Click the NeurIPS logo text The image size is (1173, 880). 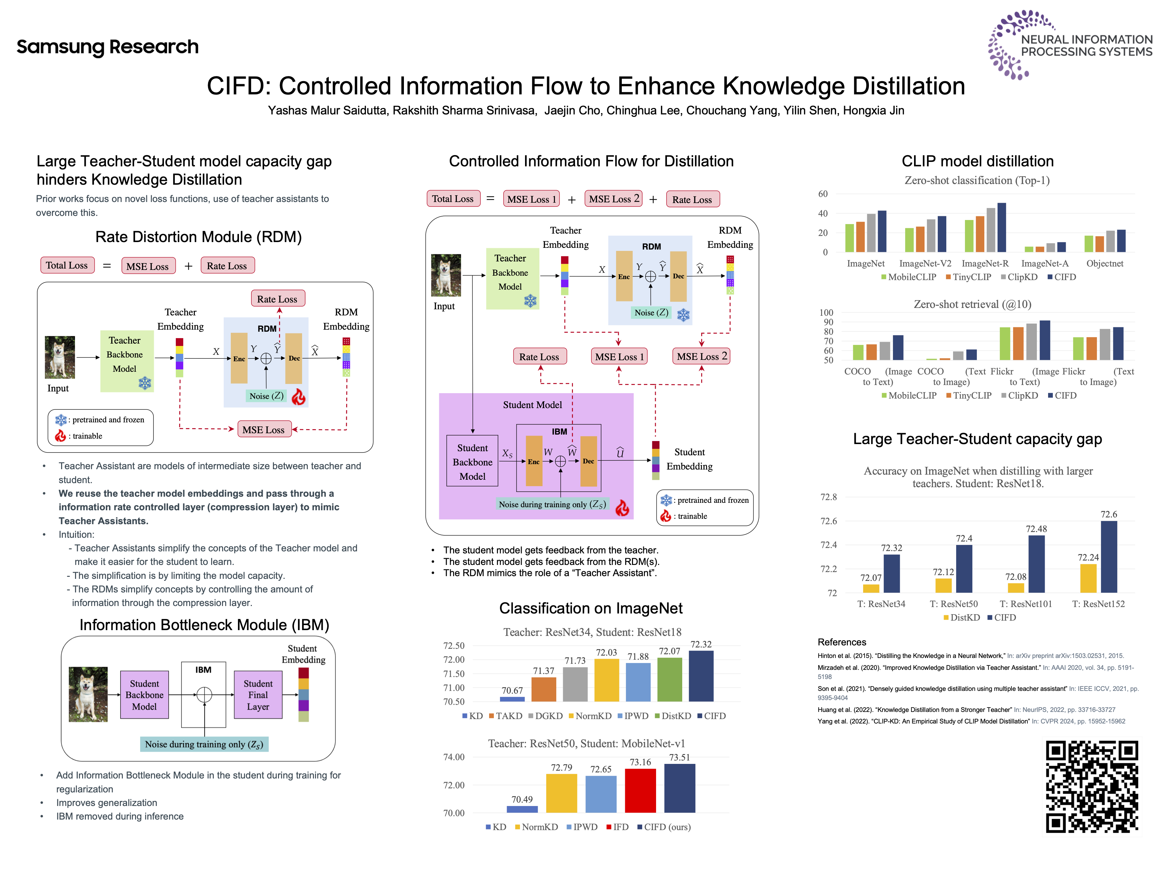point(1086,45)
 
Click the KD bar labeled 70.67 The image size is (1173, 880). point(512,699)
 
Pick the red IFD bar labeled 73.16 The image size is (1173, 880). point(640,790)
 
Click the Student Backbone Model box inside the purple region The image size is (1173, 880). point(472,461)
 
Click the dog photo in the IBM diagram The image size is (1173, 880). point(88,694)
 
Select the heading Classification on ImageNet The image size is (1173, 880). point(590,608)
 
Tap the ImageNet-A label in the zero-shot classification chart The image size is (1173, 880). point(1045,264)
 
